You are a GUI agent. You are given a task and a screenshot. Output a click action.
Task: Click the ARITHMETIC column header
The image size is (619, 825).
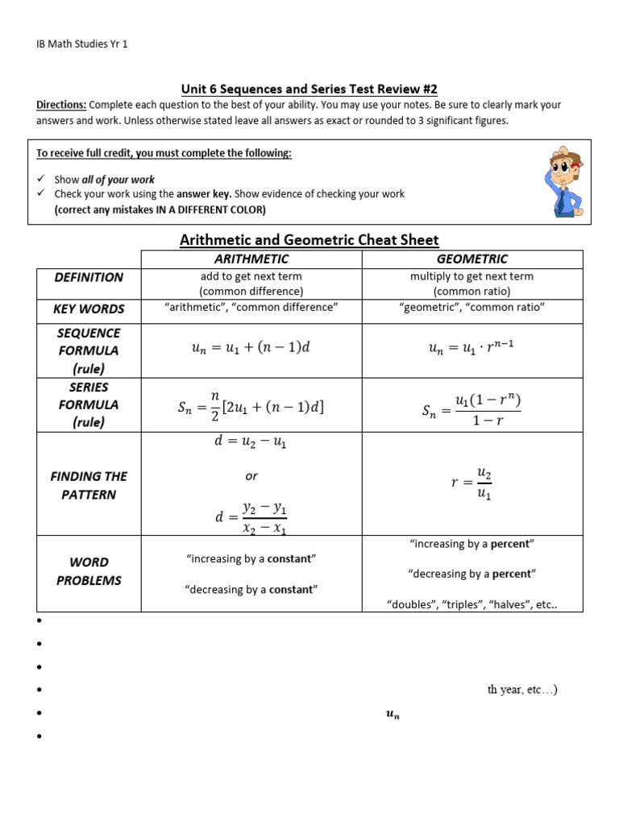click(x=251, y=259)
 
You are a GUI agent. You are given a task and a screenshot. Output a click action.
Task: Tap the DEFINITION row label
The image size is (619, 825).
click(x=89, y=277)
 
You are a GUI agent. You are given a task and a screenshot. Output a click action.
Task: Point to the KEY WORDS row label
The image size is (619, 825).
click(x=89, y=309)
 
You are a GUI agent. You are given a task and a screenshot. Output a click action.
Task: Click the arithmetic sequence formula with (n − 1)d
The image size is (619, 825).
click(x=251, y=350)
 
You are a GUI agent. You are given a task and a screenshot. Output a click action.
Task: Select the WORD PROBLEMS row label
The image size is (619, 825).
click(x=89, y=571)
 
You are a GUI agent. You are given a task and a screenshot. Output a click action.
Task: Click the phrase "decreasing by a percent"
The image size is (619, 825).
click(x=472, y=574)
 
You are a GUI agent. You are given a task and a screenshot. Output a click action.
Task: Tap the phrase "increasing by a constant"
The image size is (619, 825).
click(x=251, y=559)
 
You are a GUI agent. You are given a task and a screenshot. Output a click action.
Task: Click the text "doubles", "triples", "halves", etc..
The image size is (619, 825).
click(x=472, y=605)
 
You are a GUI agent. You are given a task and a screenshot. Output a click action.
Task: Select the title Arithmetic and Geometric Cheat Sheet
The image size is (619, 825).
click(x=309, y=239)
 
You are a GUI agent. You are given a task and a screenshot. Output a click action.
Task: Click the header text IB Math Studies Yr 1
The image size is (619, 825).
click(x=83, y=44)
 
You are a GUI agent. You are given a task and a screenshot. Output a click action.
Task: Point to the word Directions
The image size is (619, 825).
click(x=62, y=106)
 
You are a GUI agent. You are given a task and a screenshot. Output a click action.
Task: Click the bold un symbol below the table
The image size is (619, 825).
click(x=393, y=715)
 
